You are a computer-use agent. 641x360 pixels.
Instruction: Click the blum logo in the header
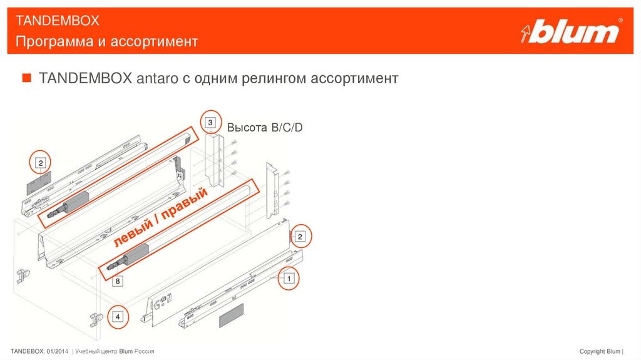pos(572,31)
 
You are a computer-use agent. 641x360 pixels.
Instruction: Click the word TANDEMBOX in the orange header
pos(57,21)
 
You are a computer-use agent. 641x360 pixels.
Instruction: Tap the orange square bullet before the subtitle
pos(26,77)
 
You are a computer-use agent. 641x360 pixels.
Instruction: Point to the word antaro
pos(157,78)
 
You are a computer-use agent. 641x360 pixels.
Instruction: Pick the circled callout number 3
pos(210,122)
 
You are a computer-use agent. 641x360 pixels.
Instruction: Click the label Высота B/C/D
pos(265,128)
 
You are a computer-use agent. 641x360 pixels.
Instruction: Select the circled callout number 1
pos(289,279)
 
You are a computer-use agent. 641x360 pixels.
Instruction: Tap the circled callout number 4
pos(118,317)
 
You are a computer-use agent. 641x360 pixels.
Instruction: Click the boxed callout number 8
pos(118,281)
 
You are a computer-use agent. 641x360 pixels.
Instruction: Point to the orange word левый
pos(133,234)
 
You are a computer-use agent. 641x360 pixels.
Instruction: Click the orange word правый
pos(185,203)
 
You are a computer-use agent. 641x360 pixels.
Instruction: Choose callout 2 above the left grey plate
pos(41,163)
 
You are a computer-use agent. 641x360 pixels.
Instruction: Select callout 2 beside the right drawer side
pos(300,237)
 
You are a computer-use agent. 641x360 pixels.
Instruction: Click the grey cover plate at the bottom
pos(232,316)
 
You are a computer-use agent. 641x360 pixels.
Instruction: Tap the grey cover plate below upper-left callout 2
pos(39,183)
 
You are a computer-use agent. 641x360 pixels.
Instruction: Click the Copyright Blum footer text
pos(600,351)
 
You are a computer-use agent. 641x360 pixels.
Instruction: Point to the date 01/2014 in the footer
pos(57,351)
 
